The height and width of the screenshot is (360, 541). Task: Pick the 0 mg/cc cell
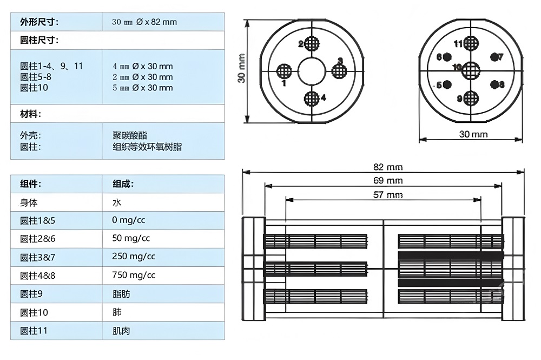[129, 220]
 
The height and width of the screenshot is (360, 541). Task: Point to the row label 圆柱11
[34, 330]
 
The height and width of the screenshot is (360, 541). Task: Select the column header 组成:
[123, 184]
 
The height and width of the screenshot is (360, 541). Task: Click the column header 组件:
[30, 184]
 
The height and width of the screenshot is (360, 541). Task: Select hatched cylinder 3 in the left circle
[339, 70]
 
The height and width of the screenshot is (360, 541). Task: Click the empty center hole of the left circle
[311, 70]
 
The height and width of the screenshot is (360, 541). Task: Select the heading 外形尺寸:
[39, 22]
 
